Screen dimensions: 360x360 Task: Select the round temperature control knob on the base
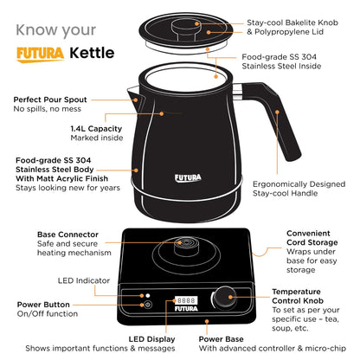click(230, 297)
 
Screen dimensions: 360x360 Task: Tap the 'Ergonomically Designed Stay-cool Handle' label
click(299, 188)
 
